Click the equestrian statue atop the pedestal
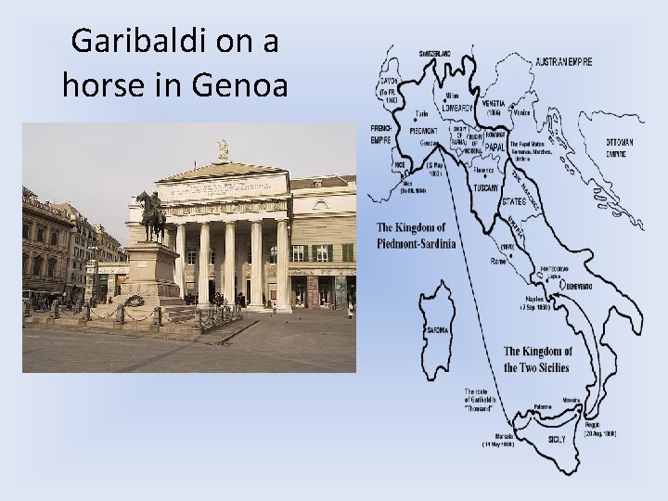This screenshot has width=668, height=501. click(150, 216)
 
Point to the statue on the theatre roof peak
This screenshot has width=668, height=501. click(223, 148)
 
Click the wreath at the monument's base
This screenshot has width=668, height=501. click(135, 300)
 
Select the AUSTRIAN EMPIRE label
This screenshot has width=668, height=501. click(563, 61)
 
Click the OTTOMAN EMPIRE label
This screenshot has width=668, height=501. click(621, 148)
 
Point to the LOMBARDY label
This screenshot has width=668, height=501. click(457, 107)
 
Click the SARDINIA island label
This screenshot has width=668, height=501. click(438, 329)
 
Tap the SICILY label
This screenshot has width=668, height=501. click(558, 437)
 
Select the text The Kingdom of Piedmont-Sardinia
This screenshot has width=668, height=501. click(417, 236)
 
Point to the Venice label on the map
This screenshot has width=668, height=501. click(522, 112)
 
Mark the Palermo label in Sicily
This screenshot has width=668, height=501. click(543, 407)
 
